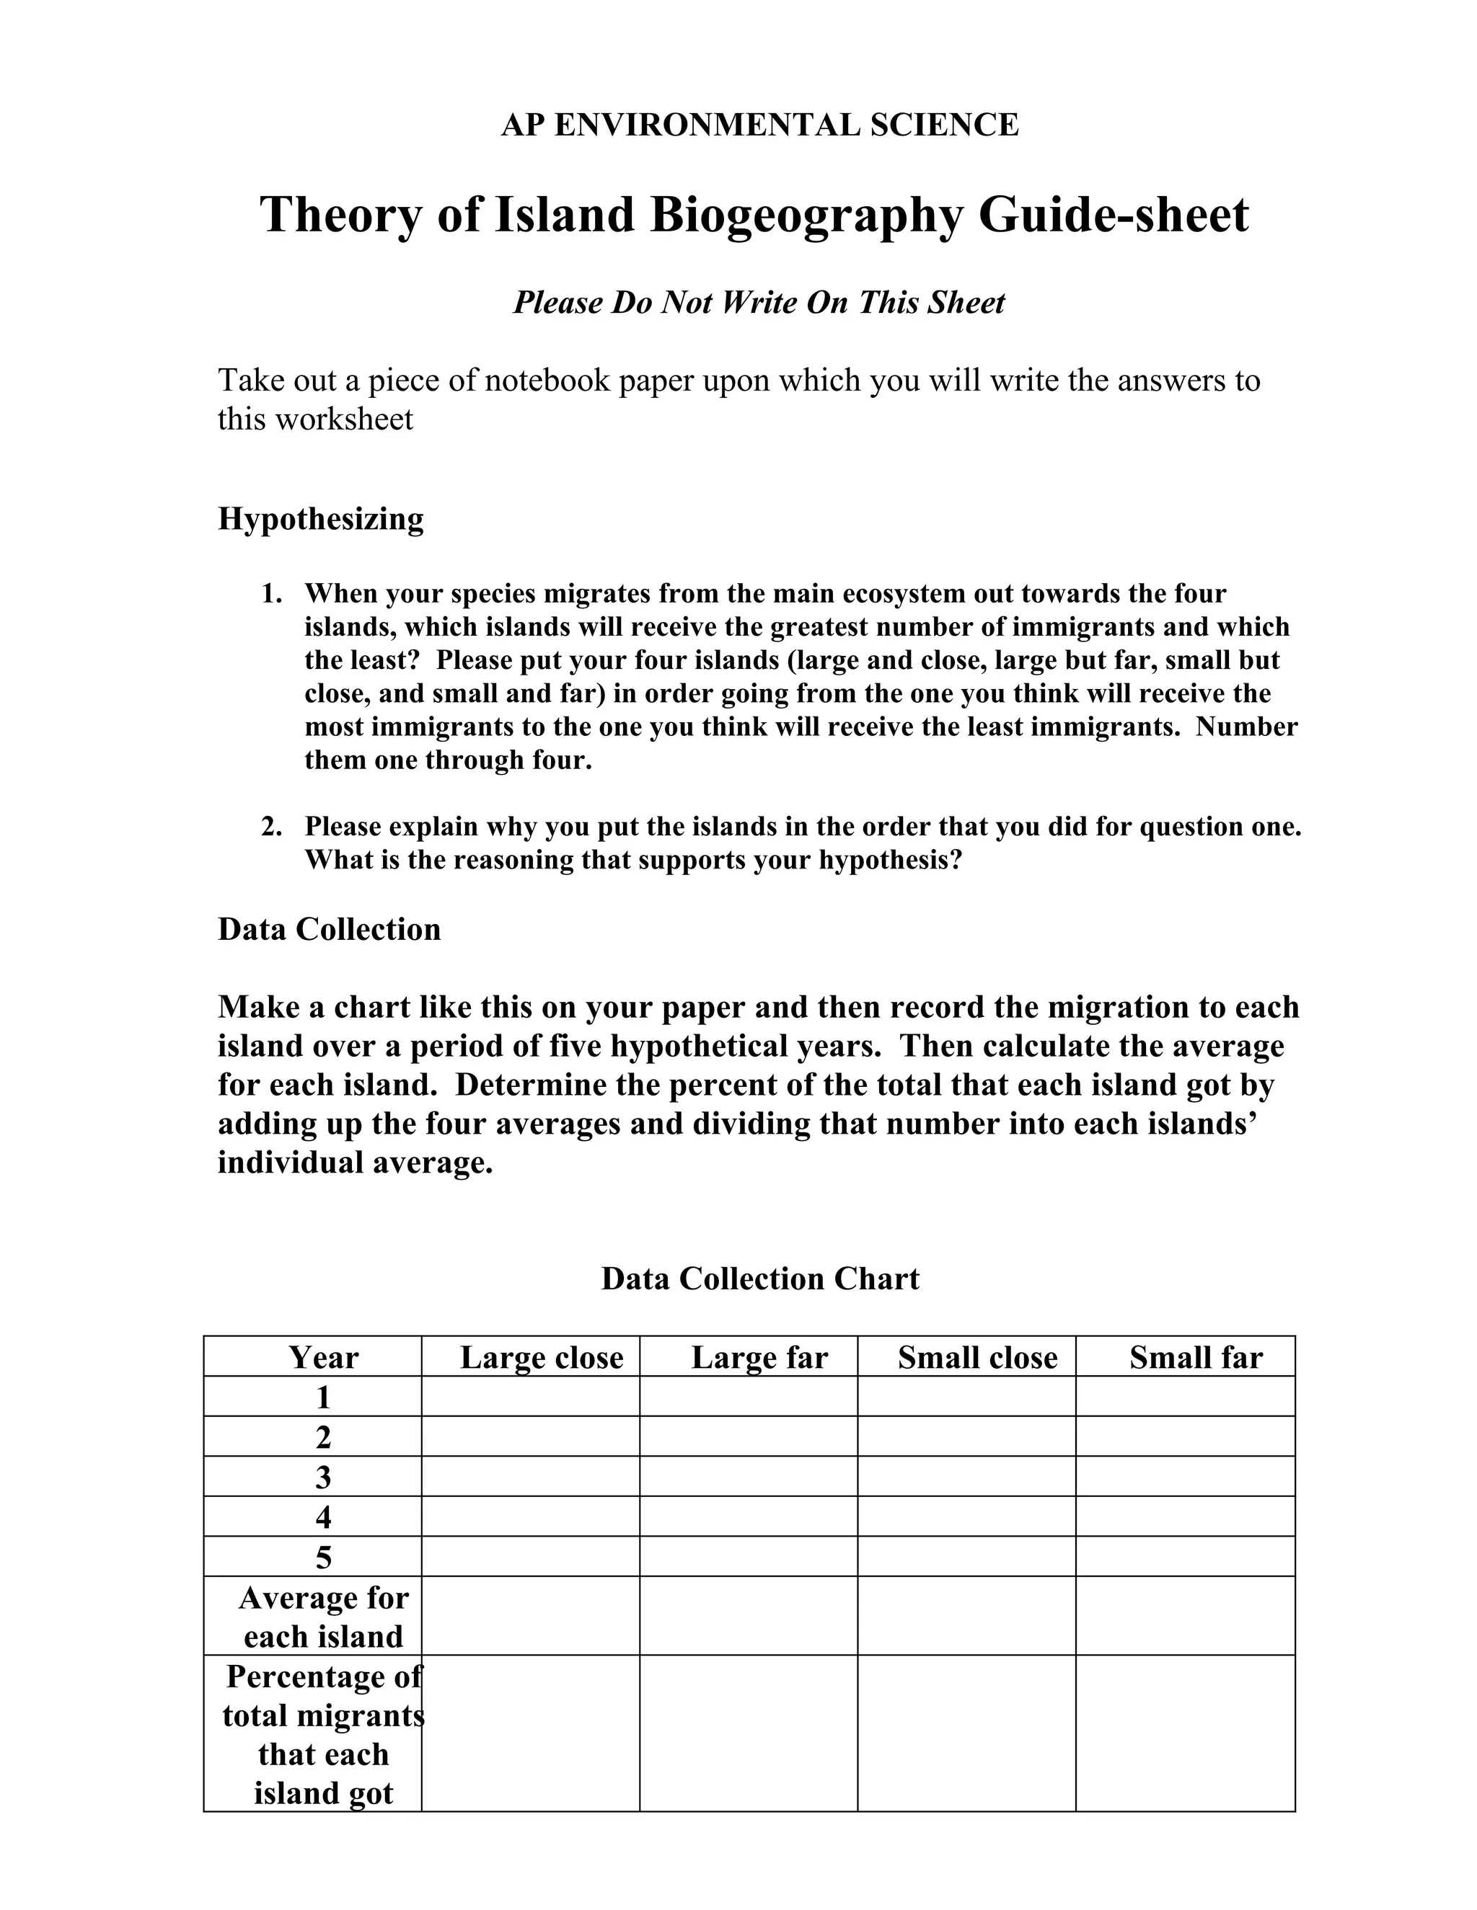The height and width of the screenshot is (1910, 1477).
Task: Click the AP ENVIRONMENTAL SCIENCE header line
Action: click(x=759, y=125)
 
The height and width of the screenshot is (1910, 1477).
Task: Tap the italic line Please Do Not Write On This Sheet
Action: click(x=759, y=303)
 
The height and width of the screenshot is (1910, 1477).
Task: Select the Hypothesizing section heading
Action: click(x=320, y=519)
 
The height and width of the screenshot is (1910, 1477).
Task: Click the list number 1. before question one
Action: click(x=271, y=594)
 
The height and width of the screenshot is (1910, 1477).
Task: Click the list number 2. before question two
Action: click(x=271, y=827)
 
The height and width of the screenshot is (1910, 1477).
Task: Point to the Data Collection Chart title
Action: click(x=759, y=1279)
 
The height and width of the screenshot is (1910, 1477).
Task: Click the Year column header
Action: click(x=323, y=1357)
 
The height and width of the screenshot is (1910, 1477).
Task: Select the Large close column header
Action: click(x=542, y=1357)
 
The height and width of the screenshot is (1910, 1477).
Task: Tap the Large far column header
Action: click(x=759, y=1357)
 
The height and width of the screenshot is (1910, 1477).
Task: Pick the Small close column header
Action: click(x=977, y=1357)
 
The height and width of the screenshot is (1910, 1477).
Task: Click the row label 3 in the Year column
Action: click(x=323, y=1477)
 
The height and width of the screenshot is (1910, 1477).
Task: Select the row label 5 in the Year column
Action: click(x=323, y=1558)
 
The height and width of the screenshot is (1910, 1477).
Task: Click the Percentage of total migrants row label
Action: click(x=323, y=1734)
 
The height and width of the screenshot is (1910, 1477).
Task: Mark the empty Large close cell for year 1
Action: click(x=530, y=1397)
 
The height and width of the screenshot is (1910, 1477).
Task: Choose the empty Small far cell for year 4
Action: click(x=1185, y=1516)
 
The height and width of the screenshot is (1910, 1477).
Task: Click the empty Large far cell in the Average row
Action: click(x=748, y=1616)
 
